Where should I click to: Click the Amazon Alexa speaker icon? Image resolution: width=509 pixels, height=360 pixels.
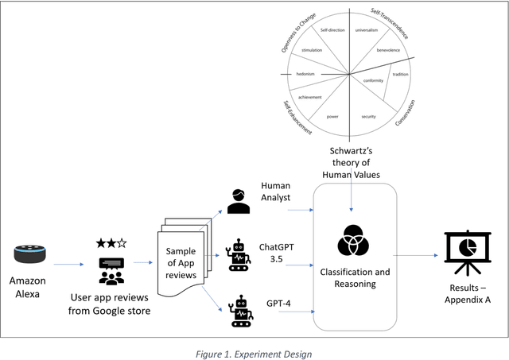click(x=31, y=254)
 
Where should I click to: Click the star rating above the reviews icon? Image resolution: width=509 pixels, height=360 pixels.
click(x=111, y=242)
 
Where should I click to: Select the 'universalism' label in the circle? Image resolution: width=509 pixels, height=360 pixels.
click(x=367, y=30)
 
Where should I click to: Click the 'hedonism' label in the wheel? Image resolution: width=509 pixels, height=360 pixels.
click(x=306, y=74)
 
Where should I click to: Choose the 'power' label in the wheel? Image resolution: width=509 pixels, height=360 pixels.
click(x=333, y=117)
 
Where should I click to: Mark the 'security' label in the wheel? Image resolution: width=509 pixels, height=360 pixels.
click(x=368, y=117)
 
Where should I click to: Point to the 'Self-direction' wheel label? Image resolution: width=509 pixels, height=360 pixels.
click(x=332, y=30)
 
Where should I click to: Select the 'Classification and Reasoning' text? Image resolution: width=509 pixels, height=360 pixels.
click(x=354, y=278)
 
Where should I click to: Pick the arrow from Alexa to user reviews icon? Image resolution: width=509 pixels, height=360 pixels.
click(x=68, y=265)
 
